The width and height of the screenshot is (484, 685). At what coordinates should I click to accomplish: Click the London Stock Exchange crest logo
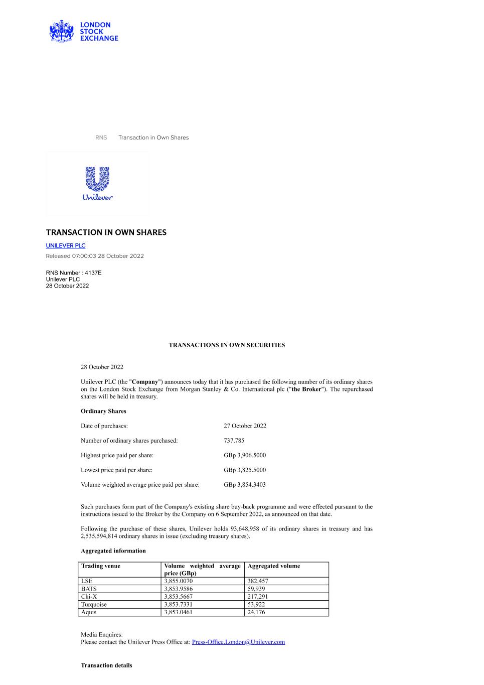click(x=61, y=31)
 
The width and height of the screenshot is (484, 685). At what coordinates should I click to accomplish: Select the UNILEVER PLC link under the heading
click(x=66, y=245)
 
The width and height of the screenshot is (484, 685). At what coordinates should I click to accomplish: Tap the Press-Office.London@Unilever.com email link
click(x=238, y=642)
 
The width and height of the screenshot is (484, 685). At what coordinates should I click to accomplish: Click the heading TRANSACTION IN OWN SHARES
click(x=106, y=232)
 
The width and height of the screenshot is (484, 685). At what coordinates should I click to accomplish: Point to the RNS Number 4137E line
click(x=74, y=272)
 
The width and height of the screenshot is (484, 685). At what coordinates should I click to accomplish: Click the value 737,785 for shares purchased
click(x=234, y=441)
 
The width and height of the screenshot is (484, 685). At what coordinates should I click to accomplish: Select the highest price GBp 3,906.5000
click(x=245, y=455)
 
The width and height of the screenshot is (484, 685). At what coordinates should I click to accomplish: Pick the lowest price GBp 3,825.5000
click(x=245, y=470)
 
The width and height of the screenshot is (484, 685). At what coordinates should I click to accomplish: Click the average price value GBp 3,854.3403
click(x=245, y=485)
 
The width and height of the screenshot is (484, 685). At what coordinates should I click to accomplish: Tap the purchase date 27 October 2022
click(x=245, y=426)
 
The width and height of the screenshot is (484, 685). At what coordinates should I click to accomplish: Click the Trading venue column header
click(x=101, y=566)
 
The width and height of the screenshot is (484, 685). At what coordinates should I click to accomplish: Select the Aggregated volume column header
click(x=274, y=566)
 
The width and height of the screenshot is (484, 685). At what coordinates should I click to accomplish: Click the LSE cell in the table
click(x=87, y=581)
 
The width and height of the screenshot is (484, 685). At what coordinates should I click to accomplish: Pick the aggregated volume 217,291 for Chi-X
click(x=258, y=597)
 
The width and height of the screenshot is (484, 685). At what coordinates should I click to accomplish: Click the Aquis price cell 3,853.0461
click(x=178, y=612)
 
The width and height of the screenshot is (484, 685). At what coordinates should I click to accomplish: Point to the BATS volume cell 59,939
click(x=256, y=589)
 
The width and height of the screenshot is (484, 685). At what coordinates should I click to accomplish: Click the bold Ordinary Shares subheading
click(x=103, y=411)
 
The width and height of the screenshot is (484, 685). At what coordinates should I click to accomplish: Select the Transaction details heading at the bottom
click(x=106, y=665)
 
